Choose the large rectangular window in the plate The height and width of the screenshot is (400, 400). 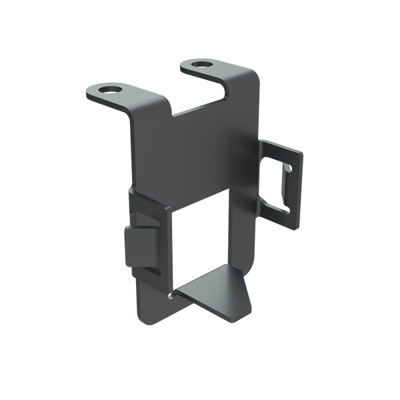[200, 240]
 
